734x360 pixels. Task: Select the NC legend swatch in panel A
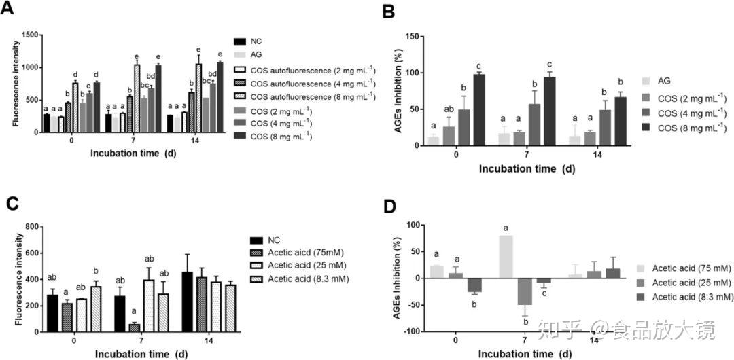point(239,41)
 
